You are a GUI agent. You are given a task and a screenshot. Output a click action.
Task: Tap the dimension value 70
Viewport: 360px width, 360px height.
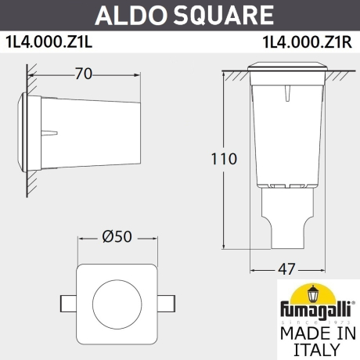[x=83, y=74]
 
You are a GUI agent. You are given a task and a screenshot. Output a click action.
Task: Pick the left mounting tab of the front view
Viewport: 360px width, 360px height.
[x=69, y=301]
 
